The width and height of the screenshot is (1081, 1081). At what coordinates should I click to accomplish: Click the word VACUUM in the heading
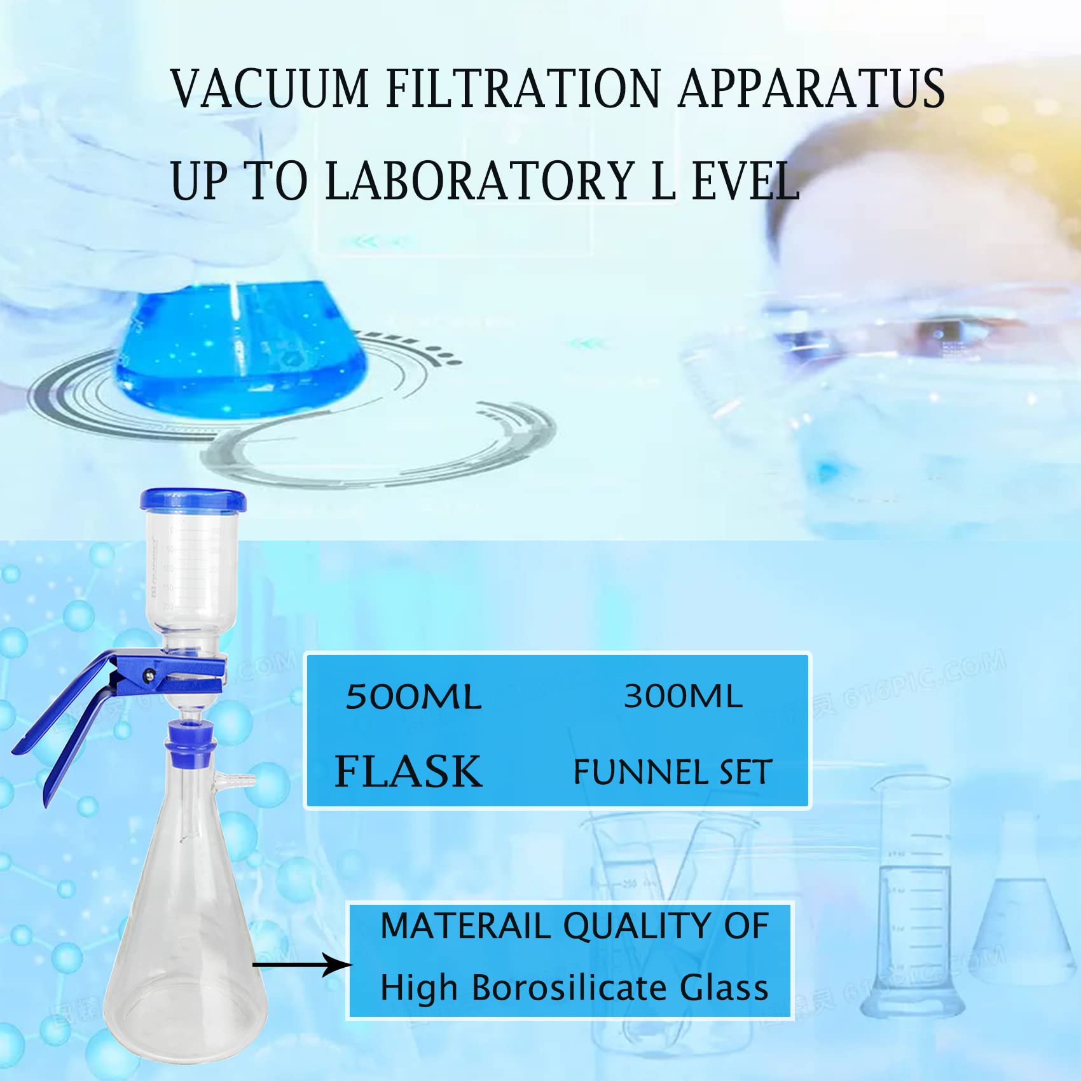point(270,88)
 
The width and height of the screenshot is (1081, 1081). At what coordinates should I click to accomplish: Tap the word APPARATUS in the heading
point(811,88)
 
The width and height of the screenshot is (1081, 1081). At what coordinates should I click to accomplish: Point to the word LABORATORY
point(480,181)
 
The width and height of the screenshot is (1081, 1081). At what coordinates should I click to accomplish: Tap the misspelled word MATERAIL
point(465,926)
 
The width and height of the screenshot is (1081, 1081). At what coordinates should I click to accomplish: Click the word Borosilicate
point(569,988)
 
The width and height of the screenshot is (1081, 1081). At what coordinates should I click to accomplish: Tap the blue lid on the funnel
point(193,499)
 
